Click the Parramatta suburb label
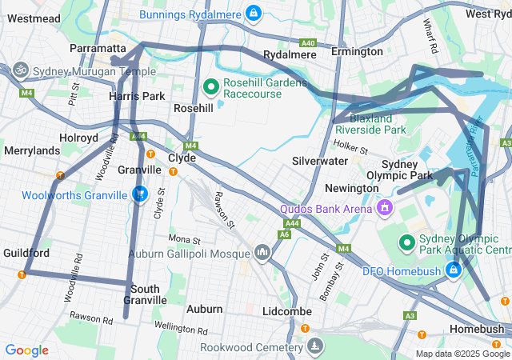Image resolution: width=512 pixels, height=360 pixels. click(x=98, y=49)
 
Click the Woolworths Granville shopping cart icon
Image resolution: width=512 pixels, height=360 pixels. click(x=141, y=194)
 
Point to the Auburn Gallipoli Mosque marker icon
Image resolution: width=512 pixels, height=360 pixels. click(x=262, y=254)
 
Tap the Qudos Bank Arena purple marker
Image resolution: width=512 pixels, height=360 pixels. click(x=385, y=208)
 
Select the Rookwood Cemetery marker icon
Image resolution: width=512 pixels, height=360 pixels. click(x=316, y=346)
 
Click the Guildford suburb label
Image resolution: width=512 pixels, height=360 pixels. click(x=26, y=253)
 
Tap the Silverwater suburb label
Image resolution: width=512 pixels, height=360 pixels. click(x=320, y=161)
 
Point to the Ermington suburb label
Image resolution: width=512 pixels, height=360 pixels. click(x=357, y=51)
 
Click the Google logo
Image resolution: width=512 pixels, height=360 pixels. click(x=26, y=350)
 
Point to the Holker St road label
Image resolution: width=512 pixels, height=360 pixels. click(x=350, y=147)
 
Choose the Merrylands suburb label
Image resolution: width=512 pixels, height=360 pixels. click(x=32, y=150)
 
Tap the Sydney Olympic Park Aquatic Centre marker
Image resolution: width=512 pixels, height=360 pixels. click(x=406, y=241)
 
